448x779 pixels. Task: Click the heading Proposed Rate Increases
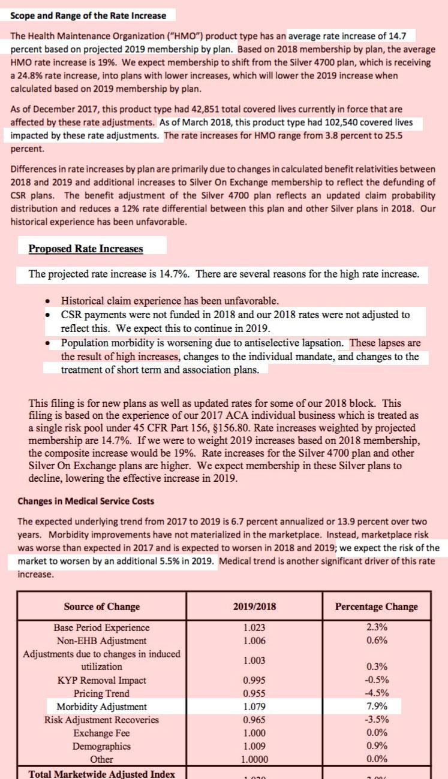86,249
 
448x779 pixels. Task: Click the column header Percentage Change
376,606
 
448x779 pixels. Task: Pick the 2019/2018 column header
254,606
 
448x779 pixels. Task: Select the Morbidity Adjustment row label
101,706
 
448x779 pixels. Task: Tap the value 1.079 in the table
254,706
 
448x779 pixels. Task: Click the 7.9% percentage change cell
377,706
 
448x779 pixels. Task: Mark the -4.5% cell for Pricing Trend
377,693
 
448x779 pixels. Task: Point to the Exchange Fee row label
101,733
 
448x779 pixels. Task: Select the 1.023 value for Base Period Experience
254,627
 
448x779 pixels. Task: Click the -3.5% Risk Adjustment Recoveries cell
377,720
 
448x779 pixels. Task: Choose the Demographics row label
101,746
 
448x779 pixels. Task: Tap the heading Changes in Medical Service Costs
86,501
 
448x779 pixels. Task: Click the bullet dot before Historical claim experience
49,301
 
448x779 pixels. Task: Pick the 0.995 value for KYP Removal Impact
254,680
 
